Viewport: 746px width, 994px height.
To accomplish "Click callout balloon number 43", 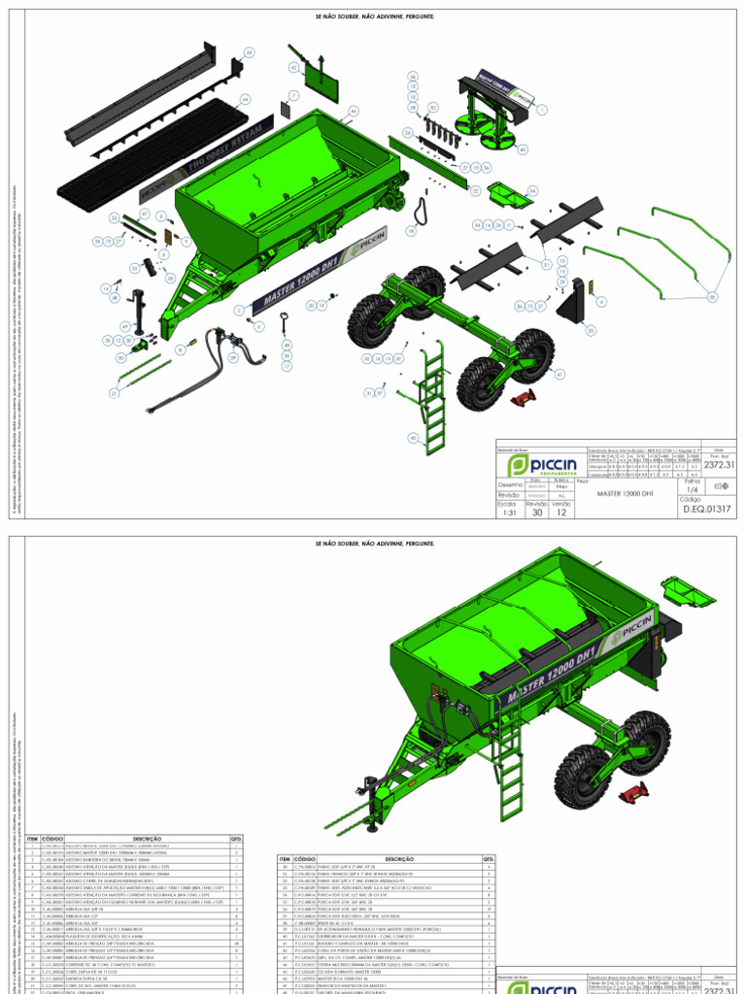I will pos(248,51).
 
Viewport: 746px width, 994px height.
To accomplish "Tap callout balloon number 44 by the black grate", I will pos(246,99).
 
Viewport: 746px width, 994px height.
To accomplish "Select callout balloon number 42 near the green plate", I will pos(292,67).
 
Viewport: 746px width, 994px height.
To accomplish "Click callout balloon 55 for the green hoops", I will pos(712,296).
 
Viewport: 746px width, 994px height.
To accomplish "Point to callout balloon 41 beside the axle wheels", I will pos(559,374).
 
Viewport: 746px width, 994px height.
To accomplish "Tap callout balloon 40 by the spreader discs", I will pos(523,149).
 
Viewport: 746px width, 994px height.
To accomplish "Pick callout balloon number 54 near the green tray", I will pos(532,190).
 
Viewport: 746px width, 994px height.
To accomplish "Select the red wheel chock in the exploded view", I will pos(526,397).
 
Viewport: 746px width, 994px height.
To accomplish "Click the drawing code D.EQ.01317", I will pos(706,509).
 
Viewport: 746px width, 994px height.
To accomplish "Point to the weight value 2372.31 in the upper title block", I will pos(718,465).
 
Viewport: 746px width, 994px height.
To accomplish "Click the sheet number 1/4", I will pos(693,491).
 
